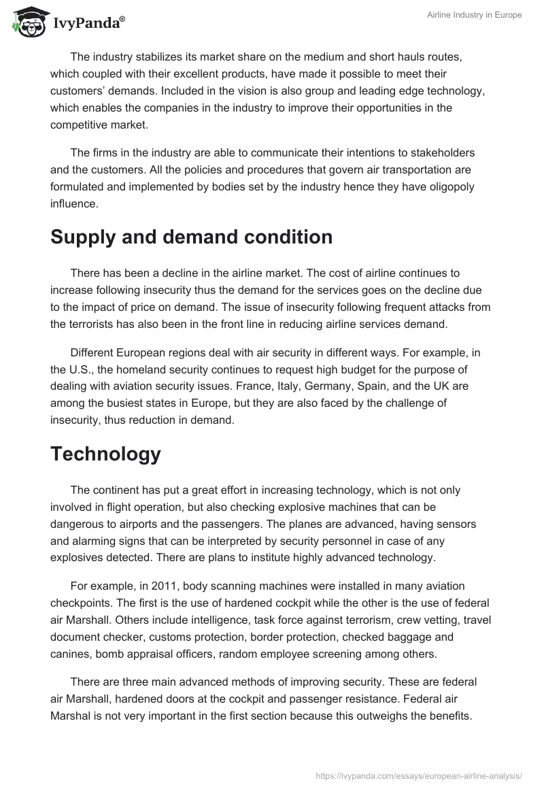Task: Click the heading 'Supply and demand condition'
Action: (191, 237)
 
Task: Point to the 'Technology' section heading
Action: (105, 454)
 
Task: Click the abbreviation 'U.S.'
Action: (82, 371)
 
